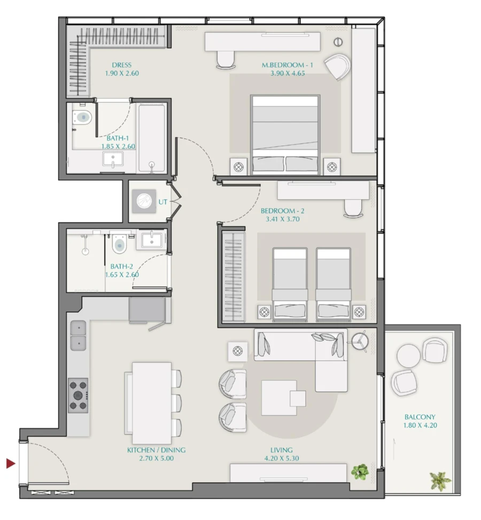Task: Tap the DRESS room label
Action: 122,65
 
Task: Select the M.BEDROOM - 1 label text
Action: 283,65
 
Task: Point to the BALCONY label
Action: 420,417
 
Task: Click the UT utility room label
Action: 162,202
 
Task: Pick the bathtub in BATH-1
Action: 151,137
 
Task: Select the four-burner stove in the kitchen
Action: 78,395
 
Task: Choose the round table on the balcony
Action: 409,354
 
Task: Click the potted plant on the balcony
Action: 440,481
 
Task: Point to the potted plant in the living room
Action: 360,471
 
